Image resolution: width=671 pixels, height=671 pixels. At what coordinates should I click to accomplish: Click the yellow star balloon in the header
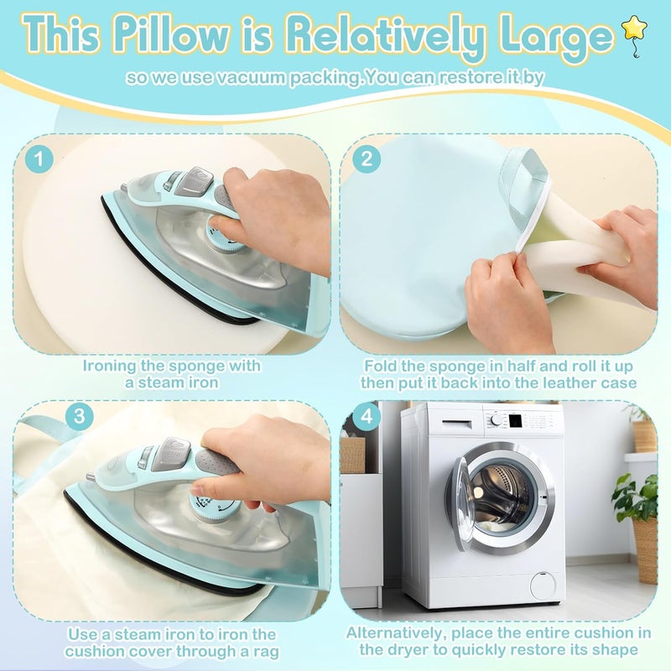pyautogui.click(x=635, y=30)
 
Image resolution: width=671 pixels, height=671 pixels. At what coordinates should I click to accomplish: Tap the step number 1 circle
pyautogui.click(x=39, y=159)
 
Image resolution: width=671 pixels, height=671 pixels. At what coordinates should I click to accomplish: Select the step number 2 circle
pyautogui.click(x=367, y=159)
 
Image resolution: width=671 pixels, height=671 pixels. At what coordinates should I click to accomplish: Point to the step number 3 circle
pyautogui.click(x=80, y=415)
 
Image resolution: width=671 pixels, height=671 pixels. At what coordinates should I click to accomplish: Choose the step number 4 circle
pyautogui.click(x=367, y=415)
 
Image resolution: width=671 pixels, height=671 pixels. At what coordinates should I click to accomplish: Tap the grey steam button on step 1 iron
pyautogui.click(x=195, y=181)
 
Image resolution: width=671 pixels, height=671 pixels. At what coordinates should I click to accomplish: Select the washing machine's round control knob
pyautogui.click(x=497, y=421)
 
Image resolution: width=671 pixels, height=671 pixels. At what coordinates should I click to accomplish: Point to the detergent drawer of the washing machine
pyautogui.click(x=456, y=424)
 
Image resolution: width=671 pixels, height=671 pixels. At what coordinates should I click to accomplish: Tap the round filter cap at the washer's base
pyautogui.click(x=542, y=585)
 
